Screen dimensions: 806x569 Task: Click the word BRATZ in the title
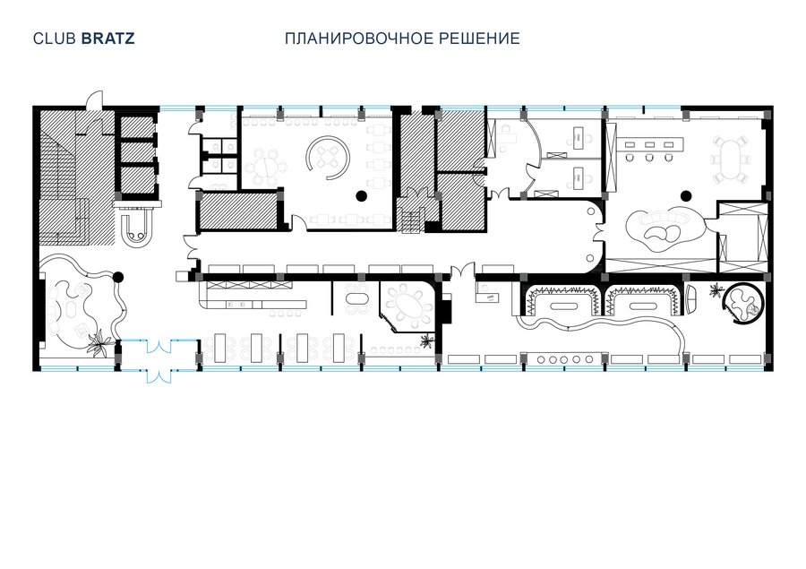[x=108, y=39]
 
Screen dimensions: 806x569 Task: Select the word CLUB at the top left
[x=55, y=39]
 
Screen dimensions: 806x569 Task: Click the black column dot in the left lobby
[x=118, y=278]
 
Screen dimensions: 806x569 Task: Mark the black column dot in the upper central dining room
[x=362, y=195]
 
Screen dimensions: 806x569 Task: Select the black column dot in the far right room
[x=685, y=195]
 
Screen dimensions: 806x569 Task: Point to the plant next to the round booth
[x=715, y=291]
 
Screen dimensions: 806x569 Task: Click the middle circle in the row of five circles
[x=564, y=359]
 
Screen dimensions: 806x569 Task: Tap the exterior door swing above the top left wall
[x=94, y=99]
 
